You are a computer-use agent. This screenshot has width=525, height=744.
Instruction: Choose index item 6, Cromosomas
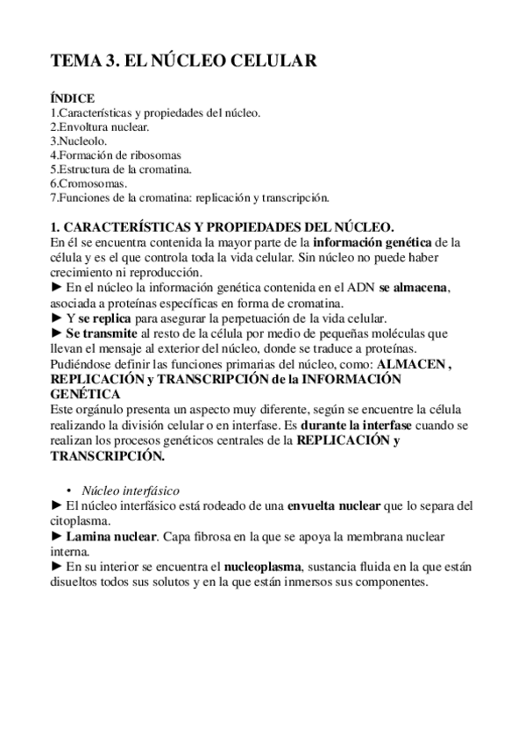coord(89,183)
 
